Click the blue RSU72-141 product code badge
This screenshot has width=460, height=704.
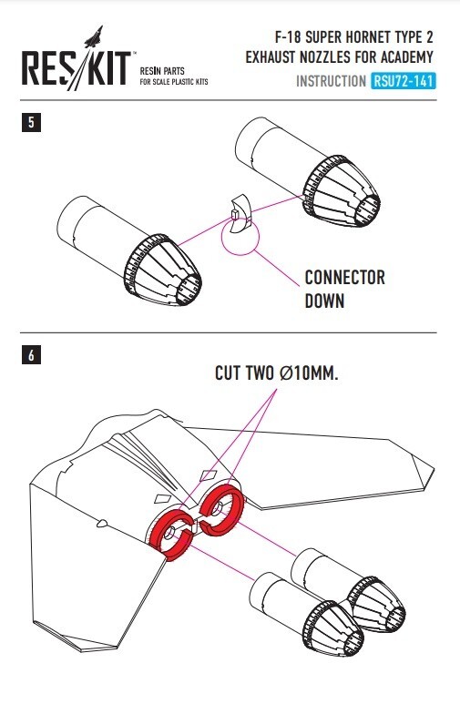[x=404, y=81]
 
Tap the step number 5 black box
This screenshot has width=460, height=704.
[x=31, y=122]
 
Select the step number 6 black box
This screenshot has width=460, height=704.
[x=31, y=355]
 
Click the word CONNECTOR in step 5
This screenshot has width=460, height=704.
[x=344, y=278]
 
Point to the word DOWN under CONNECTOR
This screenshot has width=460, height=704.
[x=324, y=301]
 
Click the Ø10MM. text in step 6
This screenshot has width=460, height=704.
[x=308, y=373]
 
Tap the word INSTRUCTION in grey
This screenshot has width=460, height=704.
[x=331, y=81]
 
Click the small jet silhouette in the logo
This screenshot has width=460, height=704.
[x=94, y=36]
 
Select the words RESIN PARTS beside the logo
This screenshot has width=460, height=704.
[x=162, y=71]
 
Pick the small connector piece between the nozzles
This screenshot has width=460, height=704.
[x=240, y=214]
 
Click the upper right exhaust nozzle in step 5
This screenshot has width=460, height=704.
[x=308, y=172]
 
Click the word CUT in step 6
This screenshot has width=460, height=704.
[x=228, y=373]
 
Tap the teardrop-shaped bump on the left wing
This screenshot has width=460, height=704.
[x=102, y=523]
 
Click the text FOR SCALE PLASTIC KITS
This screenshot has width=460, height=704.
[x=174, y=82]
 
